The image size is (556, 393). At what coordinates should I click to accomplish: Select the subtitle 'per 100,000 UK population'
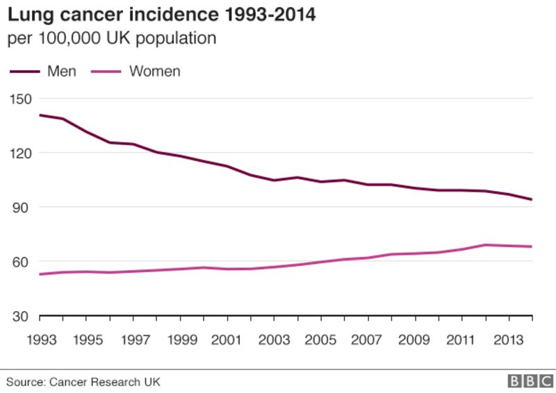pos(112,38)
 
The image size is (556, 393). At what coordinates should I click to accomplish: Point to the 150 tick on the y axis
pos(20,99)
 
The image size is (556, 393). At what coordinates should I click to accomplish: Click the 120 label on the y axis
pos(20,153)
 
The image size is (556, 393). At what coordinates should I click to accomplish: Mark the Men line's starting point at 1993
pos(40,115)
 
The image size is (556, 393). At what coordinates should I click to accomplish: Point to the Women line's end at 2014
pos(532,246)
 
